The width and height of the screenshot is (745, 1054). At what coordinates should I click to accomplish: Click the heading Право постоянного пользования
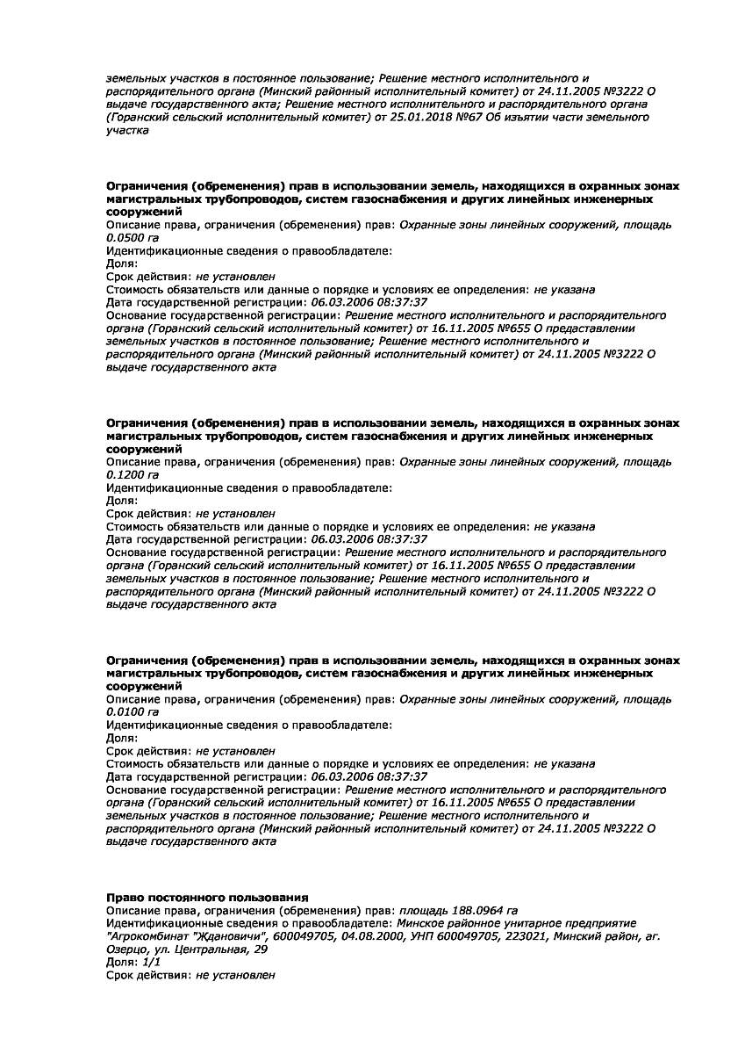(207, 897)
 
